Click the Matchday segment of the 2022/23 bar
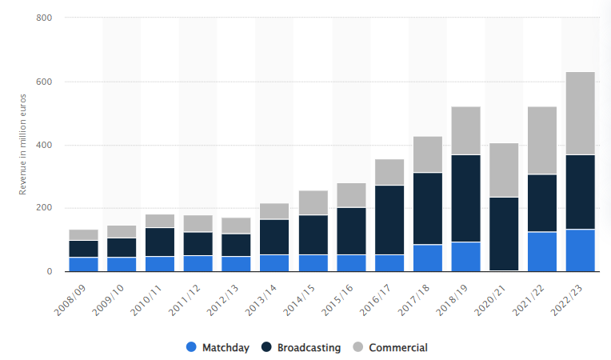point(581,250)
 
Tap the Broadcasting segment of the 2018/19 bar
point(465,198)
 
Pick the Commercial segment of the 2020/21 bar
point(504,170)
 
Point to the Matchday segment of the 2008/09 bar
point(83,264)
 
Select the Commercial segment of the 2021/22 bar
point(542,140)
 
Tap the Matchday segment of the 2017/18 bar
point(428,258)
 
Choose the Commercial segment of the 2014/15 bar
point(313,202)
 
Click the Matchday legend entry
point(218,347)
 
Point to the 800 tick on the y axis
point(45,18)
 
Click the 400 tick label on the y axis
point(45,145)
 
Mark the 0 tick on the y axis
point(49,271)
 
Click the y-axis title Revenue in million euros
point(24,144)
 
